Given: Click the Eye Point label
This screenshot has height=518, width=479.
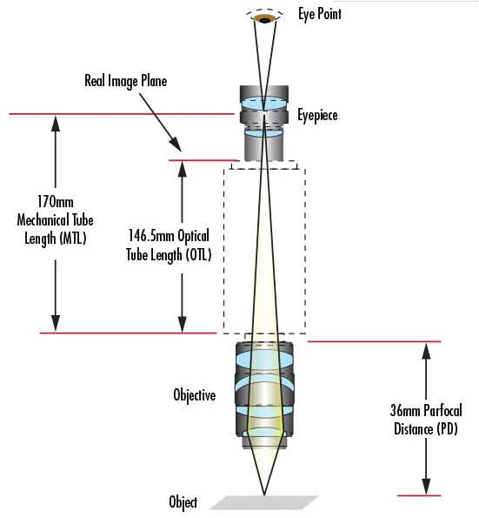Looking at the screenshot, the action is (x=320, y=14).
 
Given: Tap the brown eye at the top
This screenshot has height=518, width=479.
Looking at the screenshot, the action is (x=264, y=19).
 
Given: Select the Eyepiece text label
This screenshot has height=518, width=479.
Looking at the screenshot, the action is (x=317, y=115).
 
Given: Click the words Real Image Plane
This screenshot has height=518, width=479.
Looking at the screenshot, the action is (x=126, y=81).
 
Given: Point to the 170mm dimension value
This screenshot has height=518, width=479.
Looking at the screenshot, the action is (x=55, y=201).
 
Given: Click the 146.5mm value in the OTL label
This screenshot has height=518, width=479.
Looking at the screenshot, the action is (x=151, y=236).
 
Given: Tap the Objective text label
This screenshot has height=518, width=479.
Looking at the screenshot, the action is (x=195, y=395).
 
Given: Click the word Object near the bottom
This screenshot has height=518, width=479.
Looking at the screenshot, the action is (x=183, y=502).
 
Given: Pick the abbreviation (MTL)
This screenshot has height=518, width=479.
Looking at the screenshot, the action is (x=73, y=239).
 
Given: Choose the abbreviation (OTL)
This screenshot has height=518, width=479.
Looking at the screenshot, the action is (x=198, y=255).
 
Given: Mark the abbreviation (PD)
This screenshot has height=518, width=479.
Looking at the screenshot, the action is (x=447, y=429).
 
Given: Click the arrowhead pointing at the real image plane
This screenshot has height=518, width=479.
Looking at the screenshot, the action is (x=176, y=145).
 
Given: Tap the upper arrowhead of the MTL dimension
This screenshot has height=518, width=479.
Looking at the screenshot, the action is (x=56, y=124).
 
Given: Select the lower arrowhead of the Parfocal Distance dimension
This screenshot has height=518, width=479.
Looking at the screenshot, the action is (x=426, y=486).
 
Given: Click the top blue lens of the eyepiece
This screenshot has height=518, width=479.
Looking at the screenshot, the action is (x=264, y=103).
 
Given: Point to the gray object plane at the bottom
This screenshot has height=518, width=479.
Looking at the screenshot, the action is (x=264, y=502).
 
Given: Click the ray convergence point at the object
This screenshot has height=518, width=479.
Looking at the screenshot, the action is (x=264, y=494).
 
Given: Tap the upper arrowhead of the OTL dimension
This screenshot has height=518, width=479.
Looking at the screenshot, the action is (x=182, y=169).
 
